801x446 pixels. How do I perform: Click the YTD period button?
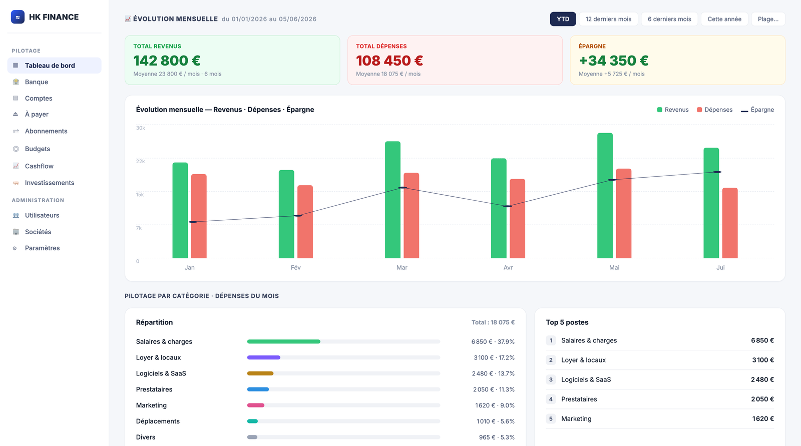(563, 19)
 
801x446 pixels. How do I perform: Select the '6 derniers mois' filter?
(669, 19)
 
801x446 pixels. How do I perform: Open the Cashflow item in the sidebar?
(39, 166)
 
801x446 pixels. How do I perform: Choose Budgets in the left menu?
(38, 149)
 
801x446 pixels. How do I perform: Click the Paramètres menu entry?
(42, 248)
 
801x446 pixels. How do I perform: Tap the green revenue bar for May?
(605, 196)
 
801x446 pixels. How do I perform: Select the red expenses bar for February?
(305, 222)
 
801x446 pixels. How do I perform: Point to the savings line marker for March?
(403, 188)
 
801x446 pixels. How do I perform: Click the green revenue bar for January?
(180, 210)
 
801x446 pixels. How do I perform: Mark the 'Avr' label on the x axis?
(508, 267)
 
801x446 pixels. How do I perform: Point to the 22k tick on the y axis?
(140, 161)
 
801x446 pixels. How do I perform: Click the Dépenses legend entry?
(714, 110)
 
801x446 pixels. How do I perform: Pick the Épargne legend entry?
(757, 110)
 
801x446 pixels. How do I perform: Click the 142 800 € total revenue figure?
(167, 61)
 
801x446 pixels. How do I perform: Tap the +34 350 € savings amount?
(613, 61)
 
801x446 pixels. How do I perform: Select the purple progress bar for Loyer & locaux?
(263, 357)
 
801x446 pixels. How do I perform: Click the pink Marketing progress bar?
(256, 405)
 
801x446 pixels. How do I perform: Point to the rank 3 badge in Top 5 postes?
(551, 379)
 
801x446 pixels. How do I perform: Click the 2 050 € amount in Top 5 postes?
(762, 399)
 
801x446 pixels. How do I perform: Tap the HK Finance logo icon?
(18, 17)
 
